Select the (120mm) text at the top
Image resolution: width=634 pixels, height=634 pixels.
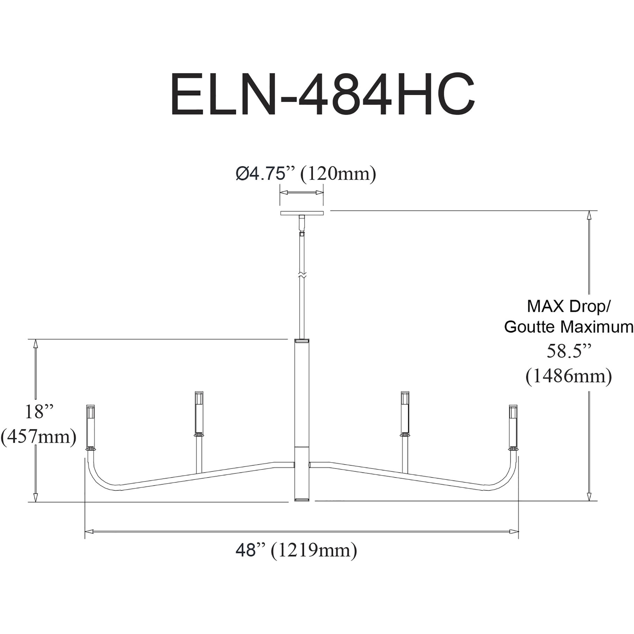coord(338,174)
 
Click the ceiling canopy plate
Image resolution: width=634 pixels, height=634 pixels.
coord(302,213)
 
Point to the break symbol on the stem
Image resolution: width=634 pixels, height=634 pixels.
coord(302,275)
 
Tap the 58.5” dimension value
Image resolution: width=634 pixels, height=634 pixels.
coord(568,352)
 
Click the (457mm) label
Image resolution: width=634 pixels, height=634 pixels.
coord(38,437)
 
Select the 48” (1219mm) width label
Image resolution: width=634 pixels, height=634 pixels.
coord(296,551)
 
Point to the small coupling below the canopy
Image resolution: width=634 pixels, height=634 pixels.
coord(302,233)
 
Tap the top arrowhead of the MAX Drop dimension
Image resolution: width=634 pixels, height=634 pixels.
coord(589,215)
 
